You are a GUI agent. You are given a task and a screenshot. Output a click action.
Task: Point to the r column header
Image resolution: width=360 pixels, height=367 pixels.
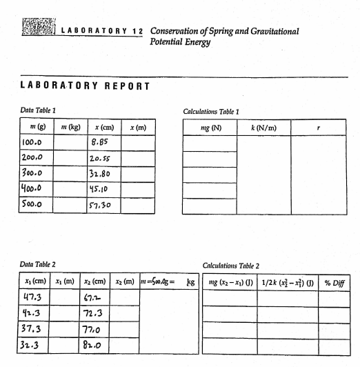pyautogui.click(x=319, y=128)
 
